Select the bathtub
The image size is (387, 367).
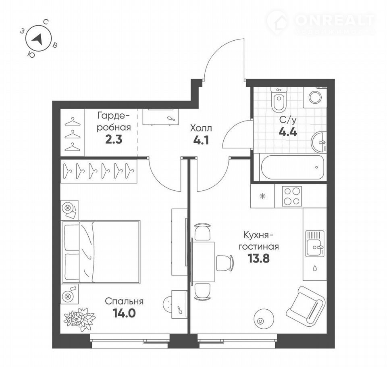pos(293,167)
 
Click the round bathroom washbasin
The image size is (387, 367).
pos(319,142)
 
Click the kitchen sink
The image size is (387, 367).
pos(315,244)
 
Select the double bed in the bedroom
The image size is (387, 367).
pos(102,252)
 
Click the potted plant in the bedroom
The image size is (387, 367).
pos(79,319)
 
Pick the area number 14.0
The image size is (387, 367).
pos(124,313)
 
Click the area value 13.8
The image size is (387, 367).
pos(258,259)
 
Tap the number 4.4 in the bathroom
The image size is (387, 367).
pos(288,132)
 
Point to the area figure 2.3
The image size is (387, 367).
pos(114,140)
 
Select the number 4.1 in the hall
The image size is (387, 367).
pos(201,140)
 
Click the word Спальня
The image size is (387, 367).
pos(124,301)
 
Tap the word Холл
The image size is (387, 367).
pos(201,128)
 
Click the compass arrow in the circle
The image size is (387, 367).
pos(37,39)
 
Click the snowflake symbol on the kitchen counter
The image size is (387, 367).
pos(262,196)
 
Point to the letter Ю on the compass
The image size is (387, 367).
pos(31,54)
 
